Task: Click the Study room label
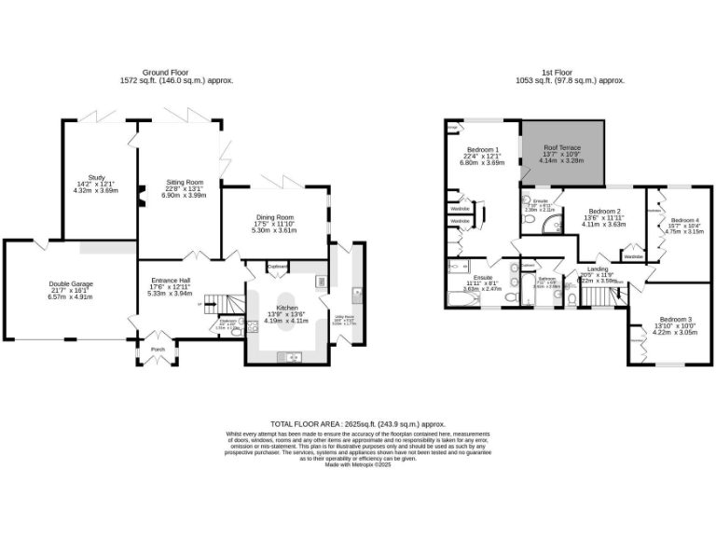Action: (x=97, y=177)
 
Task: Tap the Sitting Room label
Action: (x=185, y=182)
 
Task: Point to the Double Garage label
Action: (x=71, y=283)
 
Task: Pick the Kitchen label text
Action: (x=286, y=307)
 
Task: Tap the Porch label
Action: (x=157, y=351)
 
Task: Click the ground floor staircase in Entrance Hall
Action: (x=215, y=305)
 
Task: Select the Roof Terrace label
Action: (x=562, y=146)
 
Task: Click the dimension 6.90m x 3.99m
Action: (x=185, y=195)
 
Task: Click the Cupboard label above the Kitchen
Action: (x=278, y=266)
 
